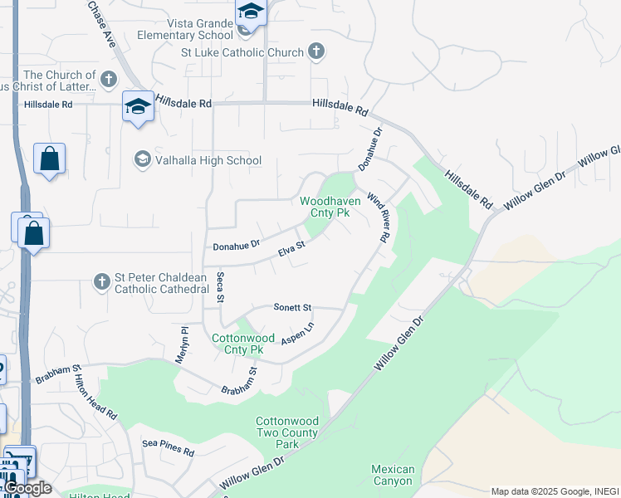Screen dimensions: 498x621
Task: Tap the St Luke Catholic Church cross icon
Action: coord(315,52)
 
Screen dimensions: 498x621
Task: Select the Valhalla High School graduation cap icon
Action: coord(142,159)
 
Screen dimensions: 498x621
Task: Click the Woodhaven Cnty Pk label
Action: coord(330,207)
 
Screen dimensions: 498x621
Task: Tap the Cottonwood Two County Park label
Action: coord(286,432)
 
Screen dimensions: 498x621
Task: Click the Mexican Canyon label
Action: coord(392,475)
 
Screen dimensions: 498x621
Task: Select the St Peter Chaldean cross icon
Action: coord(101,282)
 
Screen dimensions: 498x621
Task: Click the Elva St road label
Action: coord(291,247)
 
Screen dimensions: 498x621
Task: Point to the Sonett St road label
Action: coord(292,307)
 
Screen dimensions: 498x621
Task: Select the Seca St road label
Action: coord(221,287)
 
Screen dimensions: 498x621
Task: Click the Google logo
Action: coord(27,488)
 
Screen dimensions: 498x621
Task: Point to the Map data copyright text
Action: coord(555,491)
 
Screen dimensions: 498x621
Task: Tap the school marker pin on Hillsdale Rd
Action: coord(138,106)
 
